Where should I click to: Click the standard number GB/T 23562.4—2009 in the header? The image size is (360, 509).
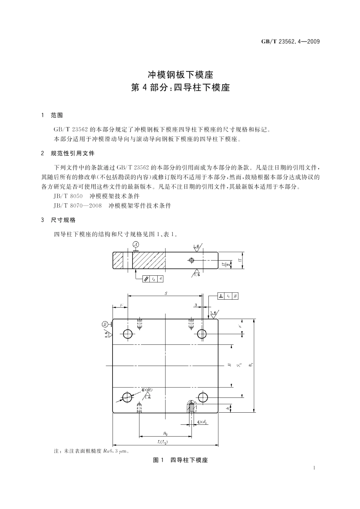290,42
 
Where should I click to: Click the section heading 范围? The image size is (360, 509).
57,115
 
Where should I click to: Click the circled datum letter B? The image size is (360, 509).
105,324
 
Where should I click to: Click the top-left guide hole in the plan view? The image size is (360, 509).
127,334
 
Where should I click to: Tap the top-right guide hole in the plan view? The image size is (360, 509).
202,334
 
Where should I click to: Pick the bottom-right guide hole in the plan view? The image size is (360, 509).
202,397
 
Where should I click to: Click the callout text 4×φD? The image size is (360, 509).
147,390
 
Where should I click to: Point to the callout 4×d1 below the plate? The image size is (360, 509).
202,422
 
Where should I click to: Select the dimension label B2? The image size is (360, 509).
165,433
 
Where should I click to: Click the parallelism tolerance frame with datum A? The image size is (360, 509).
153,279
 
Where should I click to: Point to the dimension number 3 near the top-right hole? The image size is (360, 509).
196,305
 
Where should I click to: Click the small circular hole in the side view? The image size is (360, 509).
191,260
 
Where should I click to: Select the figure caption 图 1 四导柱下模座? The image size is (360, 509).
180,460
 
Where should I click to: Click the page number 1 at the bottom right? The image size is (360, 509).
315,468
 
